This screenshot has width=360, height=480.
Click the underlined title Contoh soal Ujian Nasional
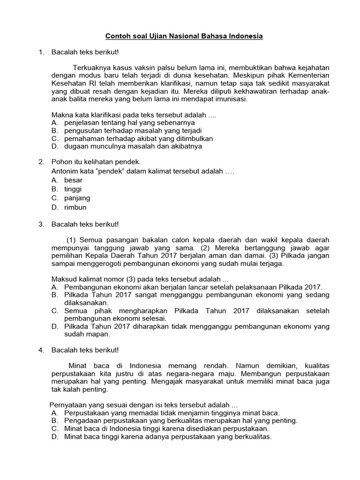pyautogui.click(x=184, y=36)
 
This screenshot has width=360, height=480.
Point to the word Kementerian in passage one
pyautogui.click(x=309, y=75)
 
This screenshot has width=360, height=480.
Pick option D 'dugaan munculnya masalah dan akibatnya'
pyautogui.click(x=133, y=146)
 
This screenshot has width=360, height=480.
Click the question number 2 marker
pyautogui.click(x=41, y=162)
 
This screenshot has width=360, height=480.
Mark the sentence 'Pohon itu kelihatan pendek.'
pyautogui.click(x=89, y=162)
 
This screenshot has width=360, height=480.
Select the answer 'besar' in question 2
pyautogui.click(x=73, y=180)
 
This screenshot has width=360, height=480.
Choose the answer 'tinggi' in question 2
pyautogui.click(x=73, y=189)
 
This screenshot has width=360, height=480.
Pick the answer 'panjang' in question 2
pyautogui.click(x=76, y=198)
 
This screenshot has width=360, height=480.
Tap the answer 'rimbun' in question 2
pyautogui.click(x=75, y=207)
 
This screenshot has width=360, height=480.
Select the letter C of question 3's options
pyautogui.click(x=54, y=311)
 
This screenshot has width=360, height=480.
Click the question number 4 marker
pyautogui.click(x=41, y=350)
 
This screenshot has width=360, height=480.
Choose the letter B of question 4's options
pyautogui.click(x=54, y=421)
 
